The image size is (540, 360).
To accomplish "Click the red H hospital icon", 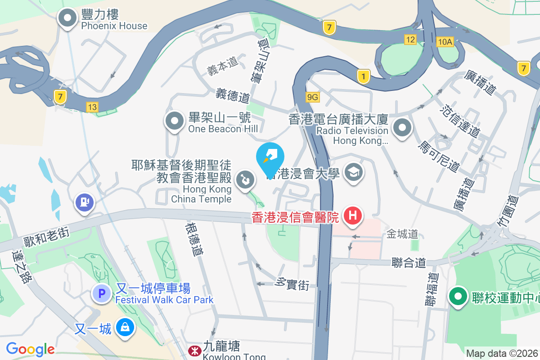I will (353, 216).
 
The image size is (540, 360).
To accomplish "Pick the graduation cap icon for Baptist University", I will (354, 172).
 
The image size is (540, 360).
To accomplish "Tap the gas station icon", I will (84, 202).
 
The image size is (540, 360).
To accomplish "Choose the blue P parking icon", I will (102, 294).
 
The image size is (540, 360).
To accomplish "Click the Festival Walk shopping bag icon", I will (125, 327).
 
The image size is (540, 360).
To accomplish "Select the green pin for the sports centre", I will (459, 297).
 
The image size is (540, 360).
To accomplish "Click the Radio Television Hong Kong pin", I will (402, 128).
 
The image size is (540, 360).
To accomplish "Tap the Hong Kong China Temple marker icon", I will (245, 180).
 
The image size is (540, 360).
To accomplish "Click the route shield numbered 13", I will (92, 107).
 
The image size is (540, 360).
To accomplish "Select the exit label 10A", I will (445, 42).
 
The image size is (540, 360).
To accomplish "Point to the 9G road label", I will (313, 97).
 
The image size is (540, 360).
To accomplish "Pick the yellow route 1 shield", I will (363, 76).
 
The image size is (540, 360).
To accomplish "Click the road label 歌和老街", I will (46, 233).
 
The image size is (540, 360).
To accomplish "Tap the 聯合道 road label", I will (409, 262).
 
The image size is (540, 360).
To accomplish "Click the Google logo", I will (30, 349).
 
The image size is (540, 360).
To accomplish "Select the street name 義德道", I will (233, 95).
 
